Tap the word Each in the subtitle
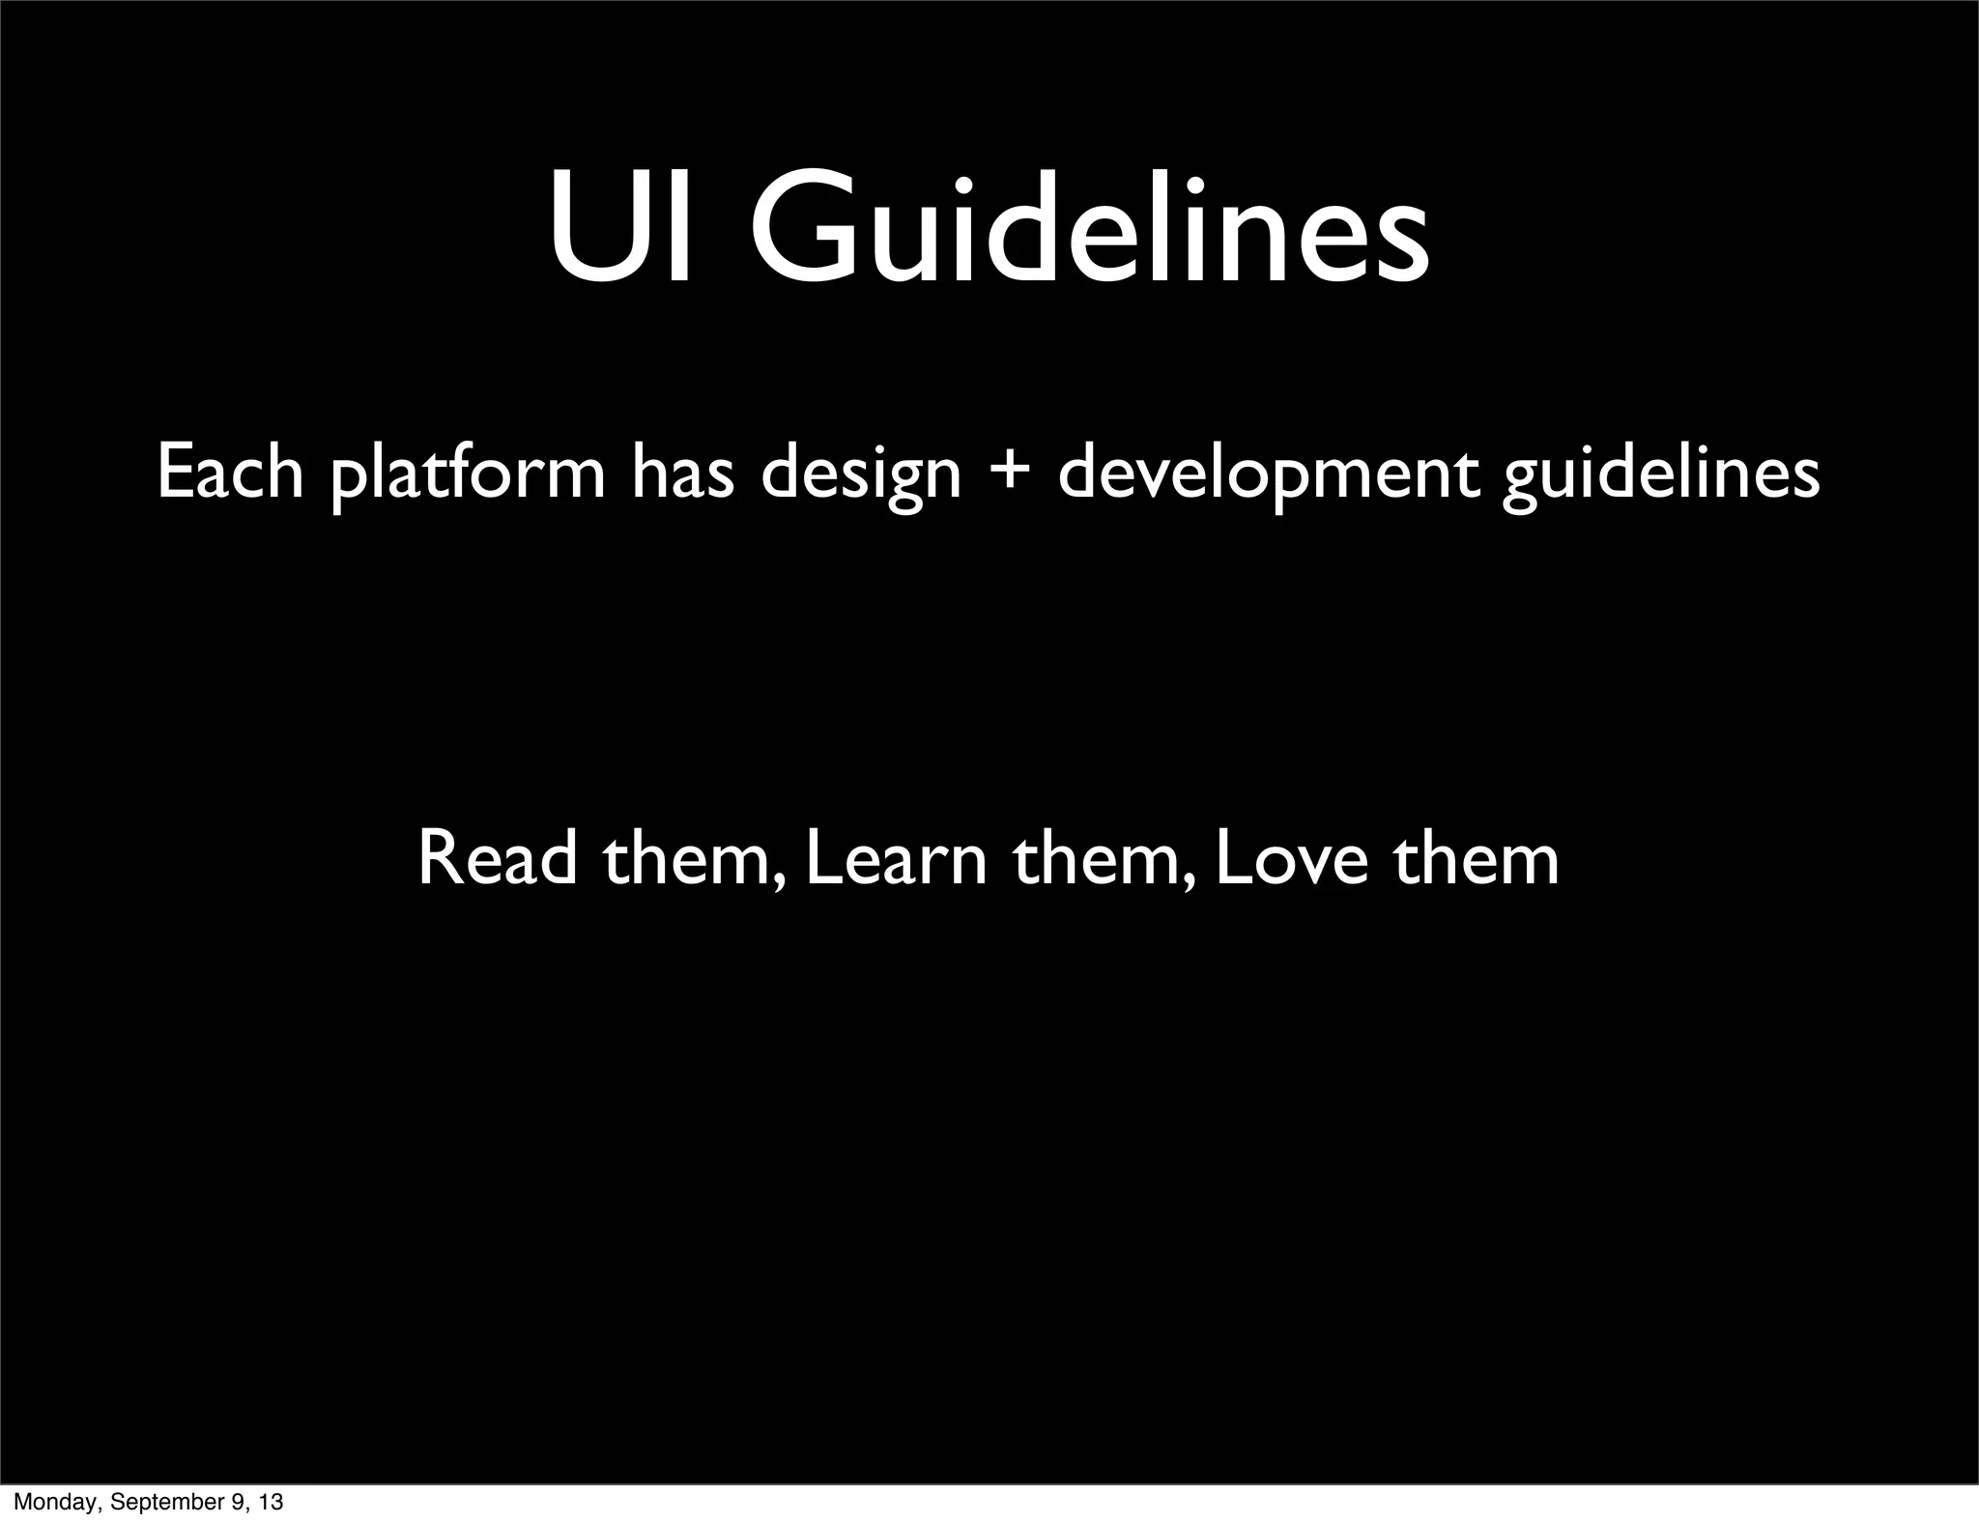(x=230, y=474)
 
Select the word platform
(x=468, y=475)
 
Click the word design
(x=861, y=475)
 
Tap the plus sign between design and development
(x=1010, y=475)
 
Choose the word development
(x=1269, y=475)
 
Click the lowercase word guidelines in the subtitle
(x=1660, y=475)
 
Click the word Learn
(x=896, y=858)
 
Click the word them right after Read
(x=693, y=858)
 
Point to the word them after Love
(x=1476, y=858)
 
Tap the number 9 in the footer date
(x=233, y=1504)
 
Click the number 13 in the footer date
(x=270, y=1504)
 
